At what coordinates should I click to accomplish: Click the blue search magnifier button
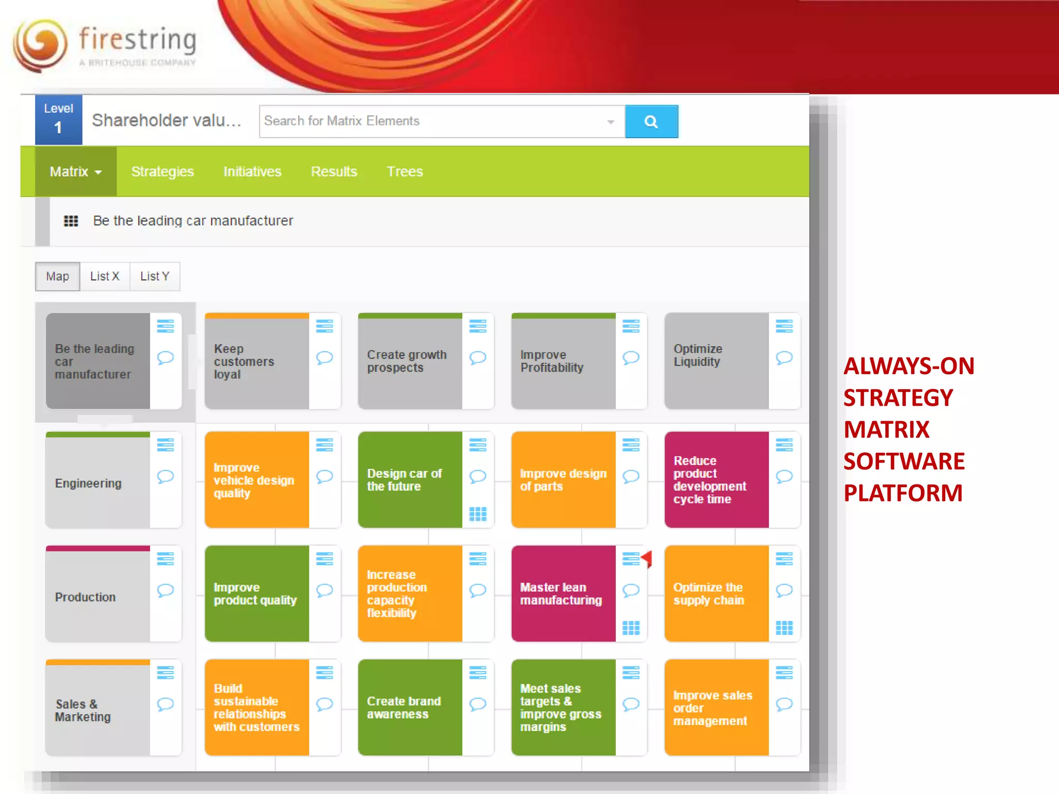point(651,121)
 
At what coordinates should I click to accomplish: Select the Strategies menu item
point(162,172)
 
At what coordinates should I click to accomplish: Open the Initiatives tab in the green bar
point(252,172)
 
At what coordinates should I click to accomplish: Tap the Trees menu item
point(405,172)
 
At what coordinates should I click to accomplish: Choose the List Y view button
point(155,277)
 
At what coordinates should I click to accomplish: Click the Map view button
point(57,277)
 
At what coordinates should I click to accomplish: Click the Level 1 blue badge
point(58,120)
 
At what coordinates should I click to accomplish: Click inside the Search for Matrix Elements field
point(434,121)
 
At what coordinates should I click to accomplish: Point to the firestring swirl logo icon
point(40,45)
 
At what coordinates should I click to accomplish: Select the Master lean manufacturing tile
point(563,593)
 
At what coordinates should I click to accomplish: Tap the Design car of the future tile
point(410,480)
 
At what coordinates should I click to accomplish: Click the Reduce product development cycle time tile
point(716,480)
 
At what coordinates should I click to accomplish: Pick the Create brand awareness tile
point(410,707)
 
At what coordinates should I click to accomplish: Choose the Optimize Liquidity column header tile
point(716,361)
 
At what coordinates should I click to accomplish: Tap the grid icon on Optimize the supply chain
point(784,628)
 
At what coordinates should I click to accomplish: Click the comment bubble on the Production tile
point(165,590)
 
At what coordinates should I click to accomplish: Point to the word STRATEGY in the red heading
point(898,398)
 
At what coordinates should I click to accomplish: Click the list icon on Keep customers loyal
point(324,326)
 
